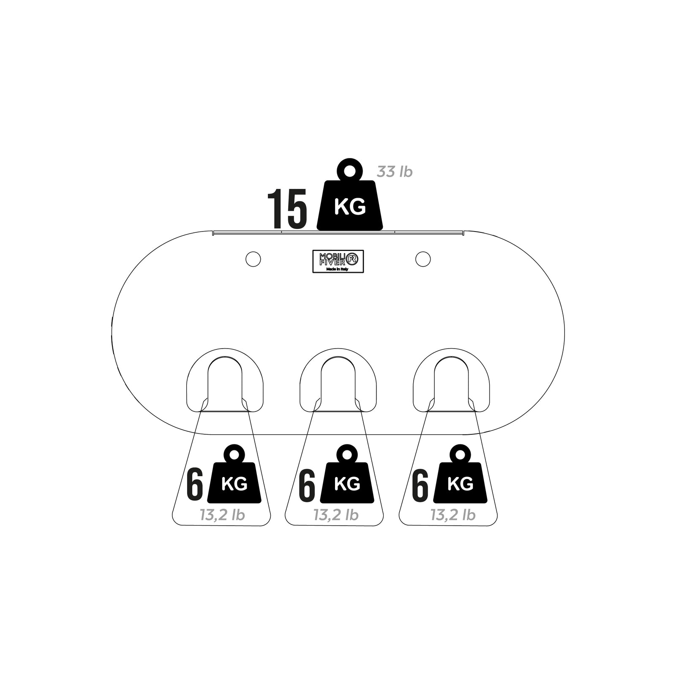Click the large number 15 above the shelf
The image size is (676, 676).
[287, 208]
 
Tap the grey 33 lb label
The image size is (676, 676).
[395, 172]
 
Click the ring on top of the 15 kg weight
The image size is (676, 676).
[350, 170]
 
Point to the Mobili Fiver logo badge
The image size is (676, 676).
[338, 262]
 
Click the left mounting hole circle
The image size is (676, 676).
[253, 259]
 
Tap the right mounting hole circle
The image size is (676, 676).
[423, 259]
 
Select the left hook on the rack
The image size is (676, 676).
[225, 380]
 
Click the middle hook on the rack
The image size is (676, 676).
[338, 380]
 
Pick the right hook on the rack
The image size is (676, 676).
[451, 380]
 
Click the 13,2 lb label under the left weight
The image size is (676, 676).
[222, 515]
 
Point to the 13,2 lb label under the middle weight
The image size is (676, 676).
[336, 515]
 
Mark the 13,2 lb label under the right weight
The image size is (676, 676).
[453, 515]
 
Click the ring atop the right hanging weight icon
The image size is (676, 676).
[460, 454]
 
